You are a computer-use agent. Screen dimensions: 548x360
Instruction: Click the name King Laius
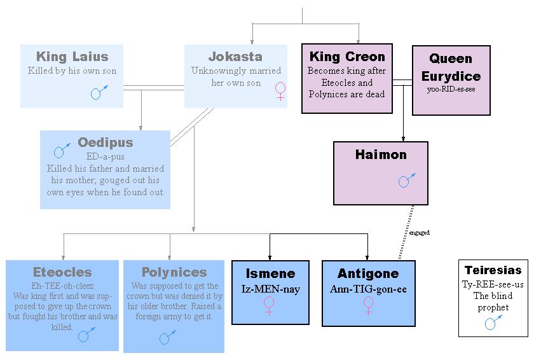coord(72,57)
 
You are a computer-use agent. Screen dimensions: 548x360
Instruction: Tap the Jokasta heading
coord(236,57)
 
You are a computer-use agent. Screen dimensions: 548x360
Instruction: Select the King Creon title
coord(347,57)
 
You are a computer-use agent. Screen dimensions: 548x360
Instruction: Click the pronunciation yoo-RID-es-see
coord(451,89)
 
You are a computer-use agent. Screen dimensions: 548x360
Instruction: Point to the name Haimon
coord(381,155)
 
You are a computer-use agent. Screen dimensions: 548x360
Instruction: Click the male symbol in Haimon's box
coord(407,180)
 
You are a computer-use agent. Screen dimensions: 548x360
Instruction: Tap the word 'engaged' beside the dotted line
coord(420,233)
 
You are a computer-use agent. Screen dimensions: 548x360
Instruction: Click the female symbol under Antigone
coord(368,306)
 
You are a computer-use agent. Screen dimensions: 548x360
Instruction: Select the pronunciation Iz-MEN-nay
coord(271,289)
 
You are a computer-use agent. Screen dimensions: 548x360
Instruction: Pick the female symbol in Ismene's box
coord(269,306)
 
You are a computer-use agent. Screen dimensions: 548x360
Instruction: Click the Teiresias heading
coord(493,270)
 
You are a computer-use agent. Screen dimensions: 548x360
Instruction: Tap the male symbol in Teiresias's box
coord(493,322)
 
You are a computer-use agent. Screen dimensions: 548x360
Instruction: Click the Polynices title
coord(174,272)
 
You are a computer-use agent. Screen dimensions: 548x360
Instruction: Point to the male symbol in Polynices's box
coord(168,337)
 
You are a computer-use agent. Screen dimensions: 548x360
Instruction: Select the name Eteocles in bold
coord(62,272)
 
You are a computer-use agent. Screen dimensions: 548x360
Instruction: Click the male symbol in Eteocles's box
coord(86,335)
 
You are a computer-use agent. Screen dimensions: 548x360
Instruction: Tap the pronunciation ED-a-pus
coord(105,156)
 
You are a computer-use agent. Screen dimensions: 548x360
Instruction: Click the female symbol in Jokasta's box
coord(280,91)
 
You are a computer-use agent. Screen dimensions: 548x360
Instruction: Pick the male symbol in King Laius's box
coord(99,92)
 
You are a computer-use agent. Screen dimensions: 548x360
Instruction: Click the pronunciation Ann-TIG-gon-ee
coord(368,289)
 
